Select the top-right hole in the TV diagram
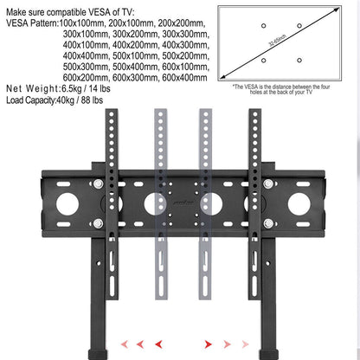299,26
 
